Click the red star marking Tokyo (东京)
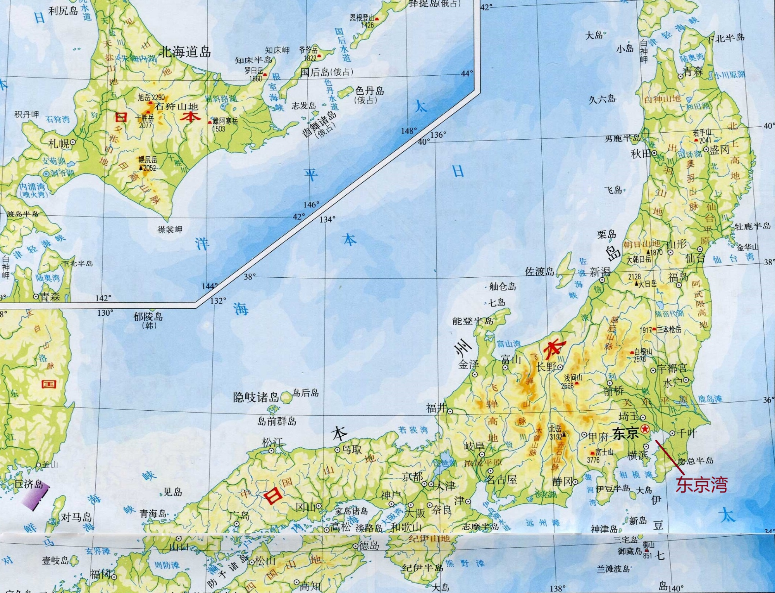(645, 429)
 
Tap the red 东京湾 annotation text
(702, 485)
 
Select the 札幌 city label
(59, 143)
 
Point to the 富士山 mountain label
(604, 452)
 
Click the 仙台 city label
(695, 258)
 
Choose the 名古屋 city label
(502, 480)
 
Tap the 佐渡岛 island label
(539, 271)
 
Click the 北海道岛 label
(185, 52)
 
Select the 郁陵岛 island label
(148, 316)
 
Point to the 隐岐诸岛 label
(256, 397)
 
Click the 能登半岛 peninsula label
(472, 321)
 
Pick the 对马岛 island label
(76, 517)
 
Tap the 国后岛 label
(315, 72)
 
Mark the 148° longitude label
(409, 131)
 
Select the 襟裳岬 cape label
(170, 230)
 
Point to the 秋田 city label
(641, 154)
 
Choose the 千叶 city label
(687, 433)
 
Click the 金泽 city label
(468, 364)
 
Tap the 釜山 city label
(49, 464)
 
